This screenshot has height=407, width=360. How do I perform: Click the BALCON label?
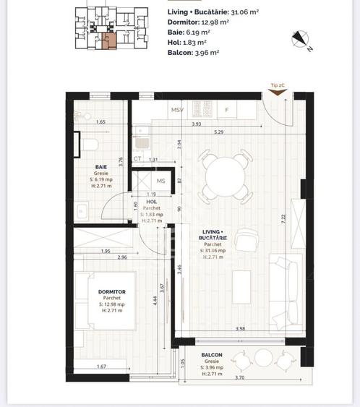click(x=212, y=356)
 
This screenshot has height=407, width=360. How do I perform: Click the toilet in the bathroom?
click(x=90, y=145)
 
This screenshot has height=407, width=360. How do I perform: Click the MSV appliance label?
click(x=177, y=110)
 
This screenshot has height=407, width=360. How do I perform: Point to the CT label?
click(x=137, y=159)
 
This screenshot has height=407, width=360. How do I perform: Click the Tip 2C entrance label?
click(x=277, y=86)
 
